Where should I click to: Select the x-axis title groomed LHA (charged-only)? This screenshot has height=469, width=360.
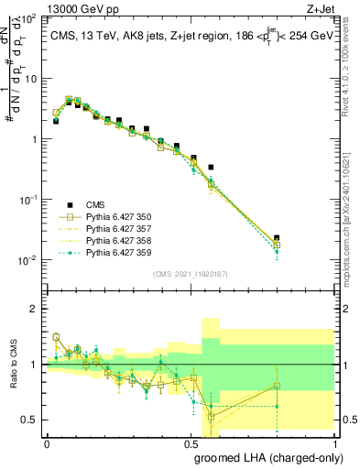coord(276,457)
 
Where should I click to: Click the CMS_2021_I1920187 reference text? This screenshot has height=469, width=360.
coord(189,274)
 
